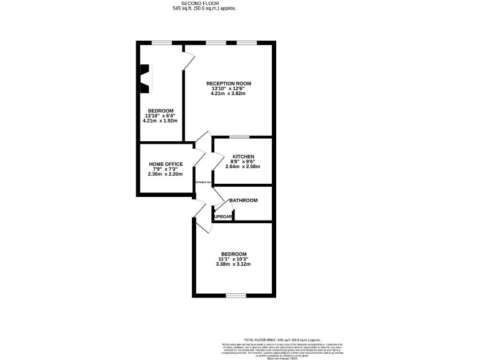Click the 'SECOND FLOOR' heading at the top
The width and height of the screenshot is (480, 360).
pyautogui.click(x=204, y=4)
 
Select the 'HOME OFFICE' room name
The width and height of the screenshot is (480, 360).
pyautogui.click(x=166, y=164)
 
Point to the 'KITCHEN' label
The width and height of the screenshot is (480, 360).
pyautogui.click(x=243, y=156)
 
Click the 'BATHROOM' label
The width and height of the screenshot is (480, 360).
pyautogui.click(x=244, y=200)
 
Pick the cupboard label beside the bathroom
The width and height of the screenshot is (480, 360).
pyautogui.click(x=224, y=217)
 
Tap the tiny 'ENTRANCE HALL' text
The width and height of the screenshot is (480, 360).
pyautogui.click(x=203, y=182)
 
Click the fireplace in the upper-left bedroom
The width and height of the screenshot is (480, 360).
pyautogui.click(x=144, y=79)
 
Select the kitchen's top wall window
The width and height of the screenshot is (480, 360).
pyautogui.click(x=239, y=137)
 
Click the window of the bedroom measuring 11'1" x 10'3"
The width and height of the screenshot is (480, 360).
pyautogui.click(x=234, y=295)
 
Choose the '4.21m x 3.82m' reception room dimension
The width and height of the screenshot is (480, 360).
pyautogui.click(x=228, y=94)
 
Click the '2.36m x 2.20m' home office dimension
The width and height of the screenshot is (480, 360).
pyautogui.click(x=166, y=174)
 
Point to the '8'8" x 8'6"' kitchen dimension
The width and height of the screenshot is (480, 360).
pyautogui.click(x=242, y=161)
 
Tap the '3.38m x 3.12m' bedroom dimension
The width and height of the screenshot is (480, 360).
pyautogui.click(x=234, y=264)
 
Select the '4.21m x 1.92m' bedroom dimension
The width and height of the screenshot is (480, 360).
pyautogui.click(x=161, y=121)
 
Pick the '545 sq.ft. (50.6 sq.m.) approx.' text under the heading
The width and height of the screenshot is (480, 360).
pyautogui.click(x=204, y=9)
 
